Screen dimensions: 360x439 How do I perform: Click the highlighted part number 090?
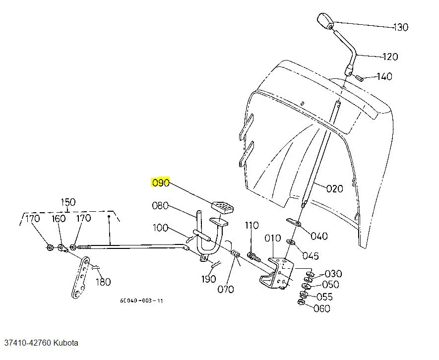click(x=161, y=183)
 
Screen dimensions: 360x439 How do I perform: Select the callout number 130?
click(x=400, y=27)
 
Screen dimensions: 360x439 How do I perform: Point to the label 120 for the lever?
click(x=390, y=57)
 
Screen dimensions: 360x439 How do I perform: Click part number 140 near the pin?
click(x=384, y=76)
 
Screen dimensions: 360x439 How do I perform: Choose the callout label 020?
click(x=335, y=188)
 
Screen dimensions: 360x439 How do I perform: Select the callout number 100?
click(x=160, y=228)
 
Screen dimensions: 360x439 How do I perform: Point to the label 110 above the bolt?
click(x=251, y=226)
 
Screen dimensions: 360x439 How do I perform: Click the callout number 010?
click(x=272, y=239)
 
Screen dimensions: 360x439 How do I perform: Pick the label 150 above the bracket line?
click(x=68, y=202)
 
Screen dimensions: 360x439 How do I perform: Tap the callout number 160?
click(x=59, y=218)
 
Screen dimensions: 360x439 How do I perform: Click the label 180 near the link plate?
click(x=102, y=282)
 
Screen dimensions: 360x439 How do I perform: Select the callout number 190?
click(x=209, y=279)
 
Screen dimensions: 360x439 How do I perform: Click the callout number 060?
click(x=322, y=308)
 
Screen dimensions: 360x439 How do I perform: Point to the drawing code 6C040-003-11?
click(x=141, y=301)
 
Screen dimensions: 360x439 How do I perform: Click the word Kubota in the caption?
click(x=66, y=343)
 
